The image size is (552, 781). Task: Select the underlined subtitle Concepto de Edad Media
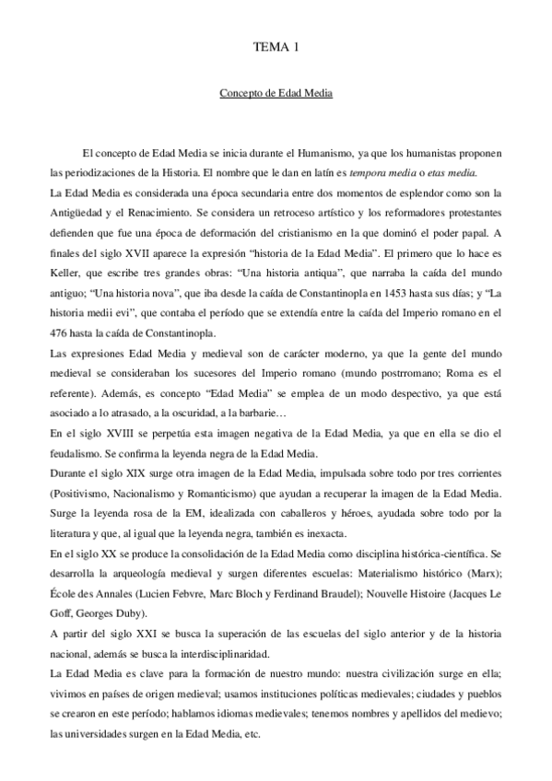pos(276,94)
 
